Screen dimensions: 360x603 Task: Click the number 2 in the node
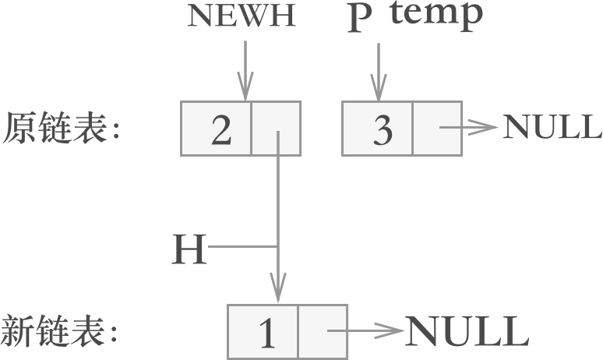click(221, 129)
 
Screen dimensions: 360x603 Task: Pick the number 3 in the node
click(382, 129)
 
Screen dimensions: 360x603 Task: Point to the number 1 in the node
click(267, 333)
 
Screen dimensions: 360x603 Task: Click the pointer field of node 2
click(276, 129)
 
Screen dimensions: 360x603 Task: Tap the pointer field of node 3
click(436, 129)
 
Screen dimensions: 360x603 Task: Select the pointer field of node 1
click(323, 332)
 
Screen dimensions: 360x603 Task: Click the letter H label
click(189, 249)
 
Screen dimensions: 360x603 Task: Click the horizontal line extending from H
click(243, 248)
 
